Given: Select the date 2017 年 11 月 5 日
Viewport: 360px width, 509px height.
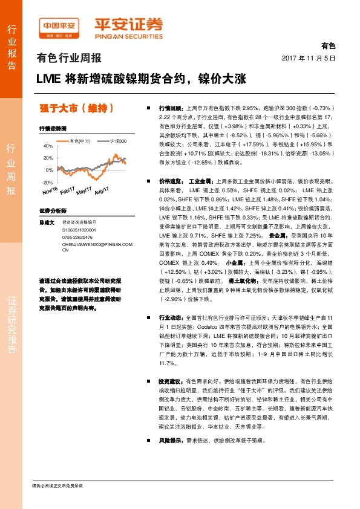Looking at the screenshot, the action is (309, 57).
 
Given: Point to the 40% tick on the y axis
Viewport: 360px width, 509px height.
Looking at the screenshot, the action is (48, 146).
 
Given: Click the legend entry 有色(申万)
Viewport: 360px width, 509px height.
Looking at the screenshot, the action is (79, 141).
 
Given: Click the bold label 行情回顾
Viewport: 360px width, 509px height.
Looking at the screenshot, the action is (171, 105).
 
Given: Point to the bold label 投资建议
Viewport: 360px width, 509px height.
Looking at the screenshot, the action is (171, 382).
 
